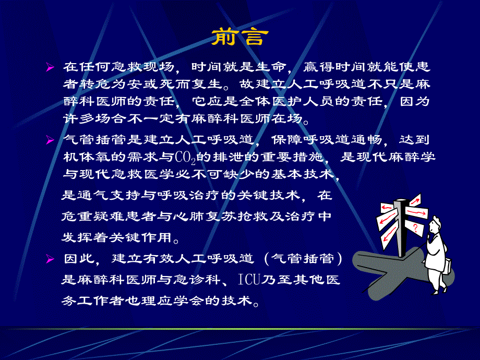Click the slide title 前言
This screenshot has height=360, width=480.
[240, 37]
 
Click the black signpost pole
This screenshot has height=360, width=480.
[402, 230]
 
